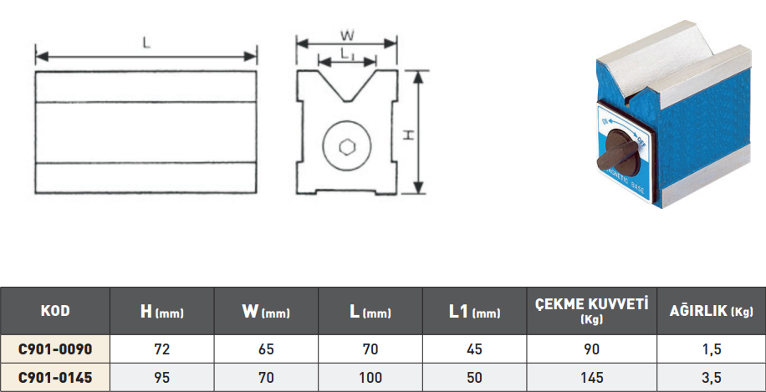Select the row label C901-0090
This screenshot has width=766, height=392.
point(55,347)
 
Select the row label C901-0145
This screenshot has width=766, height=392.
point(55,378)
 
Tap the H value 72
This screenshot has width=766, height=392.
point(162,347)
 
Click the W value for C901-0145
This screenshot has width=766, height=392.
point(266,378)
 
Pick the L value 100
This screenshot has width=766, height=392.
point(370,378)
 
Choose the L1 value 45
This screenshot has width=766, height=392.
point(474,347)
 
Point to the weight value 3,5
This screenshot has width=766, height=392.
point(712,378)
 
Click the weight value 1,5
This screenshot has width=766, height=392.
point(712,347)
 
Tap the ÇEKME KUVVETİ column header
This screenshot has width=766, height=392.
point(592,311)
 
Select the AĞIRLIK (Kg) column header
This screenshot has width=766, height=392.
point(712,312)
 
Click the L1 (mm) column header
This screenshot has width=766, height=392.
point(474,312)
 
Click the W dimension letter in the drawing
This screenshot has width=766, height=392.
point(347,36)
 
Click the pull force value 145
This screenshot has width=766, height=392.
point(592,378)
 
